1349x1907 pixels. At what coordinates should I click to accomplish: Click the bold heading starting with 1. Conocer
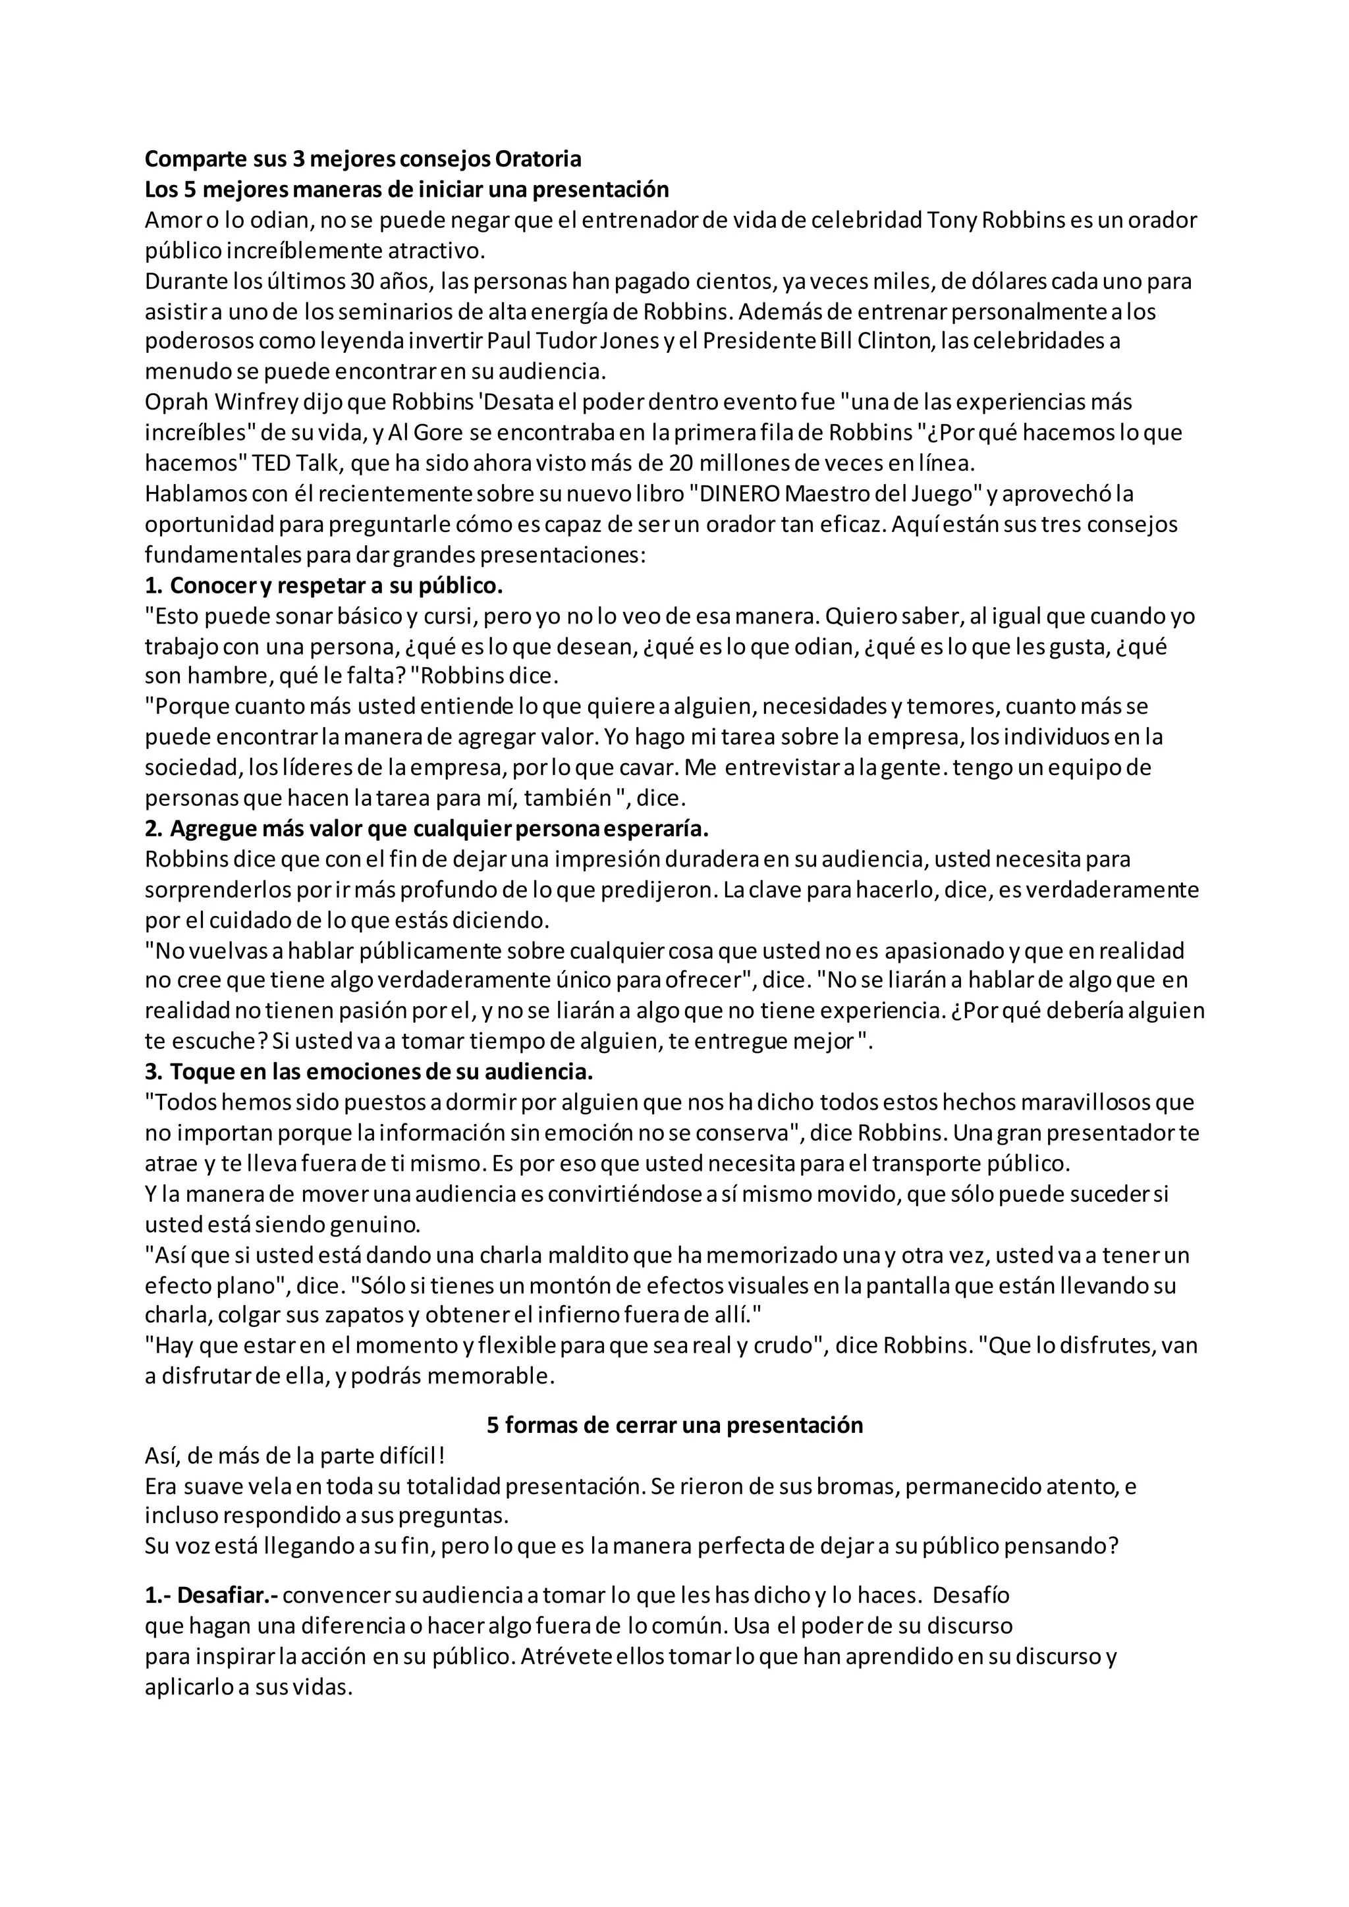tap(324, 585)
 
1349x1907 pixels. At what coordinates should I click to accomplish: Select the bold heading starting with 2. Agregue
tap(427, 829)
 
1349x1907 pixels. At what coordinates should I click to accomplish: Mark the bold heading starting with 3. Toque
tap(369, 1072)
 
